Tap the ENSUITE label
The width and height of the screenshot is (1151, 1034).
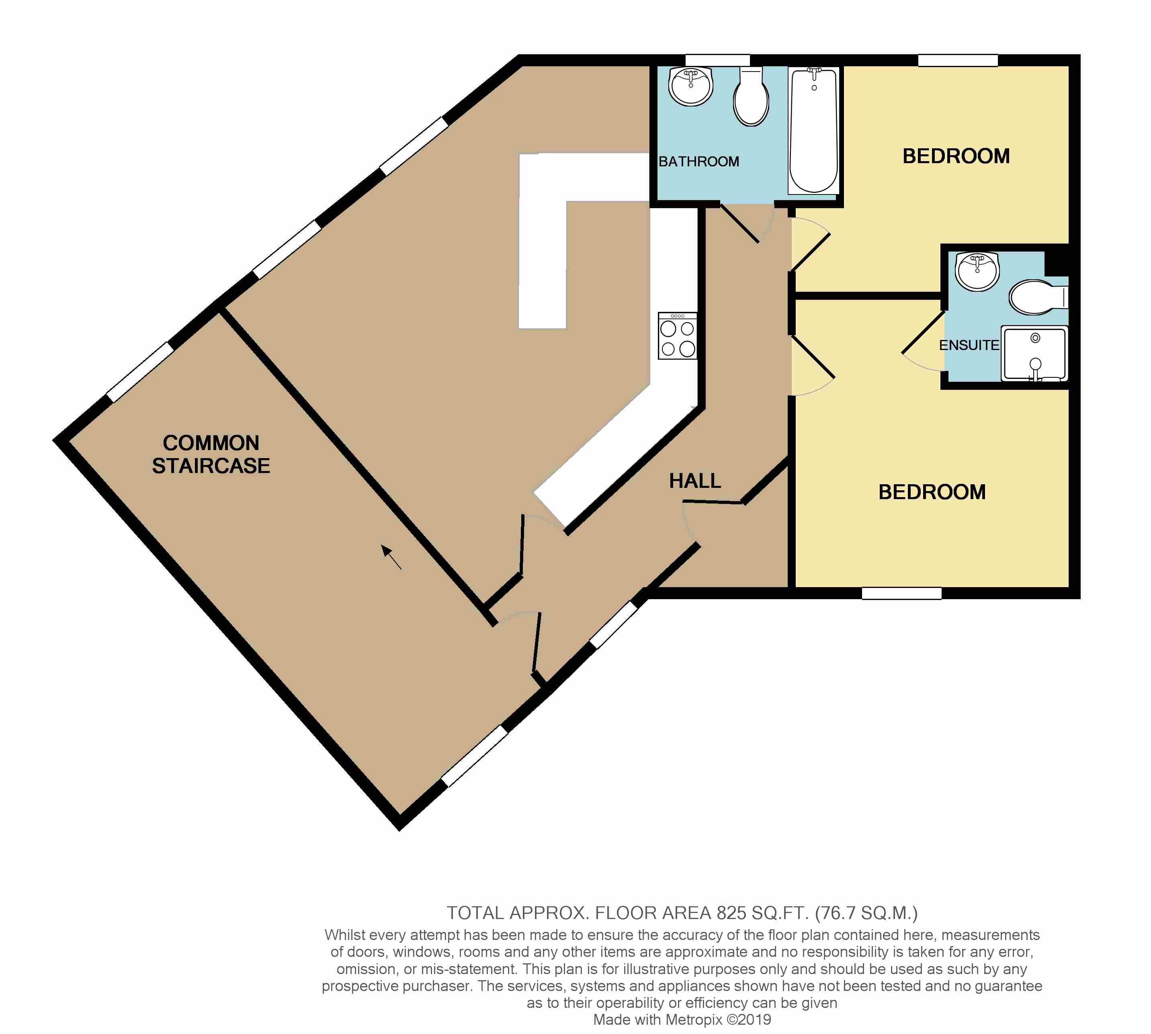968,346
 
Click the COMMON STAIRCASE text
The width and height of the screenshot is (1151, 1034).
211,455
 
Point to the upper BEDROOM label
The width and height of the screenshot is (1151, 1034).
956,156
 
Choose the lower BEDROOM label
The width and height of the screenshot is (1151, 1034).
932,492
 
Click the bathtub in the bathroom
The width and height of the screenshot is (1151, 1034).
813,131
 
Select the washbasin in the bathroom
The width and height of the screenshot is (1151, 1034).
690,86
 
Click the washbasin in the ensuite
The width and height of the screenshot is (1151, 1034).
977,272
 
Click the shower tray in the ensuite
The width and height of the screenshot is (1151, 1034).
1034,353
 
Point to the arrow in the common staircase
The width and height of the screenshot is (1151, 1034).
391,557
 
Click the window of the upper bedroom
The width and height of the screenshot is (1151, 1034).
958,60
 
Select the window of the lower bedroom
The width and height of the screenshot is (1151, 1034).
901,594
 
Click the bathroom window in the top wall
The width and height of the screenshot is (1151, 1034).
717,60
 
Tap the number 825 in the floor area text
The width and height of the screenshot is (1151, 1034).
731,913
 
